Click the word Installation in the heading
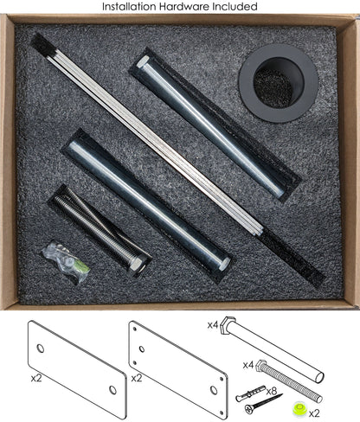coord(129,6)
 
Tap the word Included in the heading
coord(235,6)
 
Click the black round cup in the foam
coord(279,83)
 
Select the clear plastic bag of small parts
coord(66,262)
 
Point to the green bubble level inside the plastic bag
coord(83,267)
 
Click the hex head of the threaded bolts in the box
coord(136,264)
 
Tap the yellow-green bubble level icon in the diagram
coord(299,409)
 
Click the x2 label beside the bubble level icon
coord(314,413)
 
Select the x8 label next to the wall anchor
coord(271,391)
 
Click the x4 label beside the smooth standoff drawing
coord(213,325)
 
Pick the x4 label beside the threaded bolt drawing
coord(248,365)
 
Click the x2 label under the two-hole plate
coord(36,378)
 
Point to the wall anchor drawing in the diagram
coord(250,393)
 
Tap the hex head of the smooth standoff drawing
coord(228,325)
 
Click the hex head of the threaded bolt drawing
coord(260,365)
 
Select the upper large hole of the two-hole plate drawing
coord(41,348)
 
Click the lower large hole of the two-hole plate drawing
coord(112,390)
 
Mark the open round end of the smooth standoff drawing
coord(319,377)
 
